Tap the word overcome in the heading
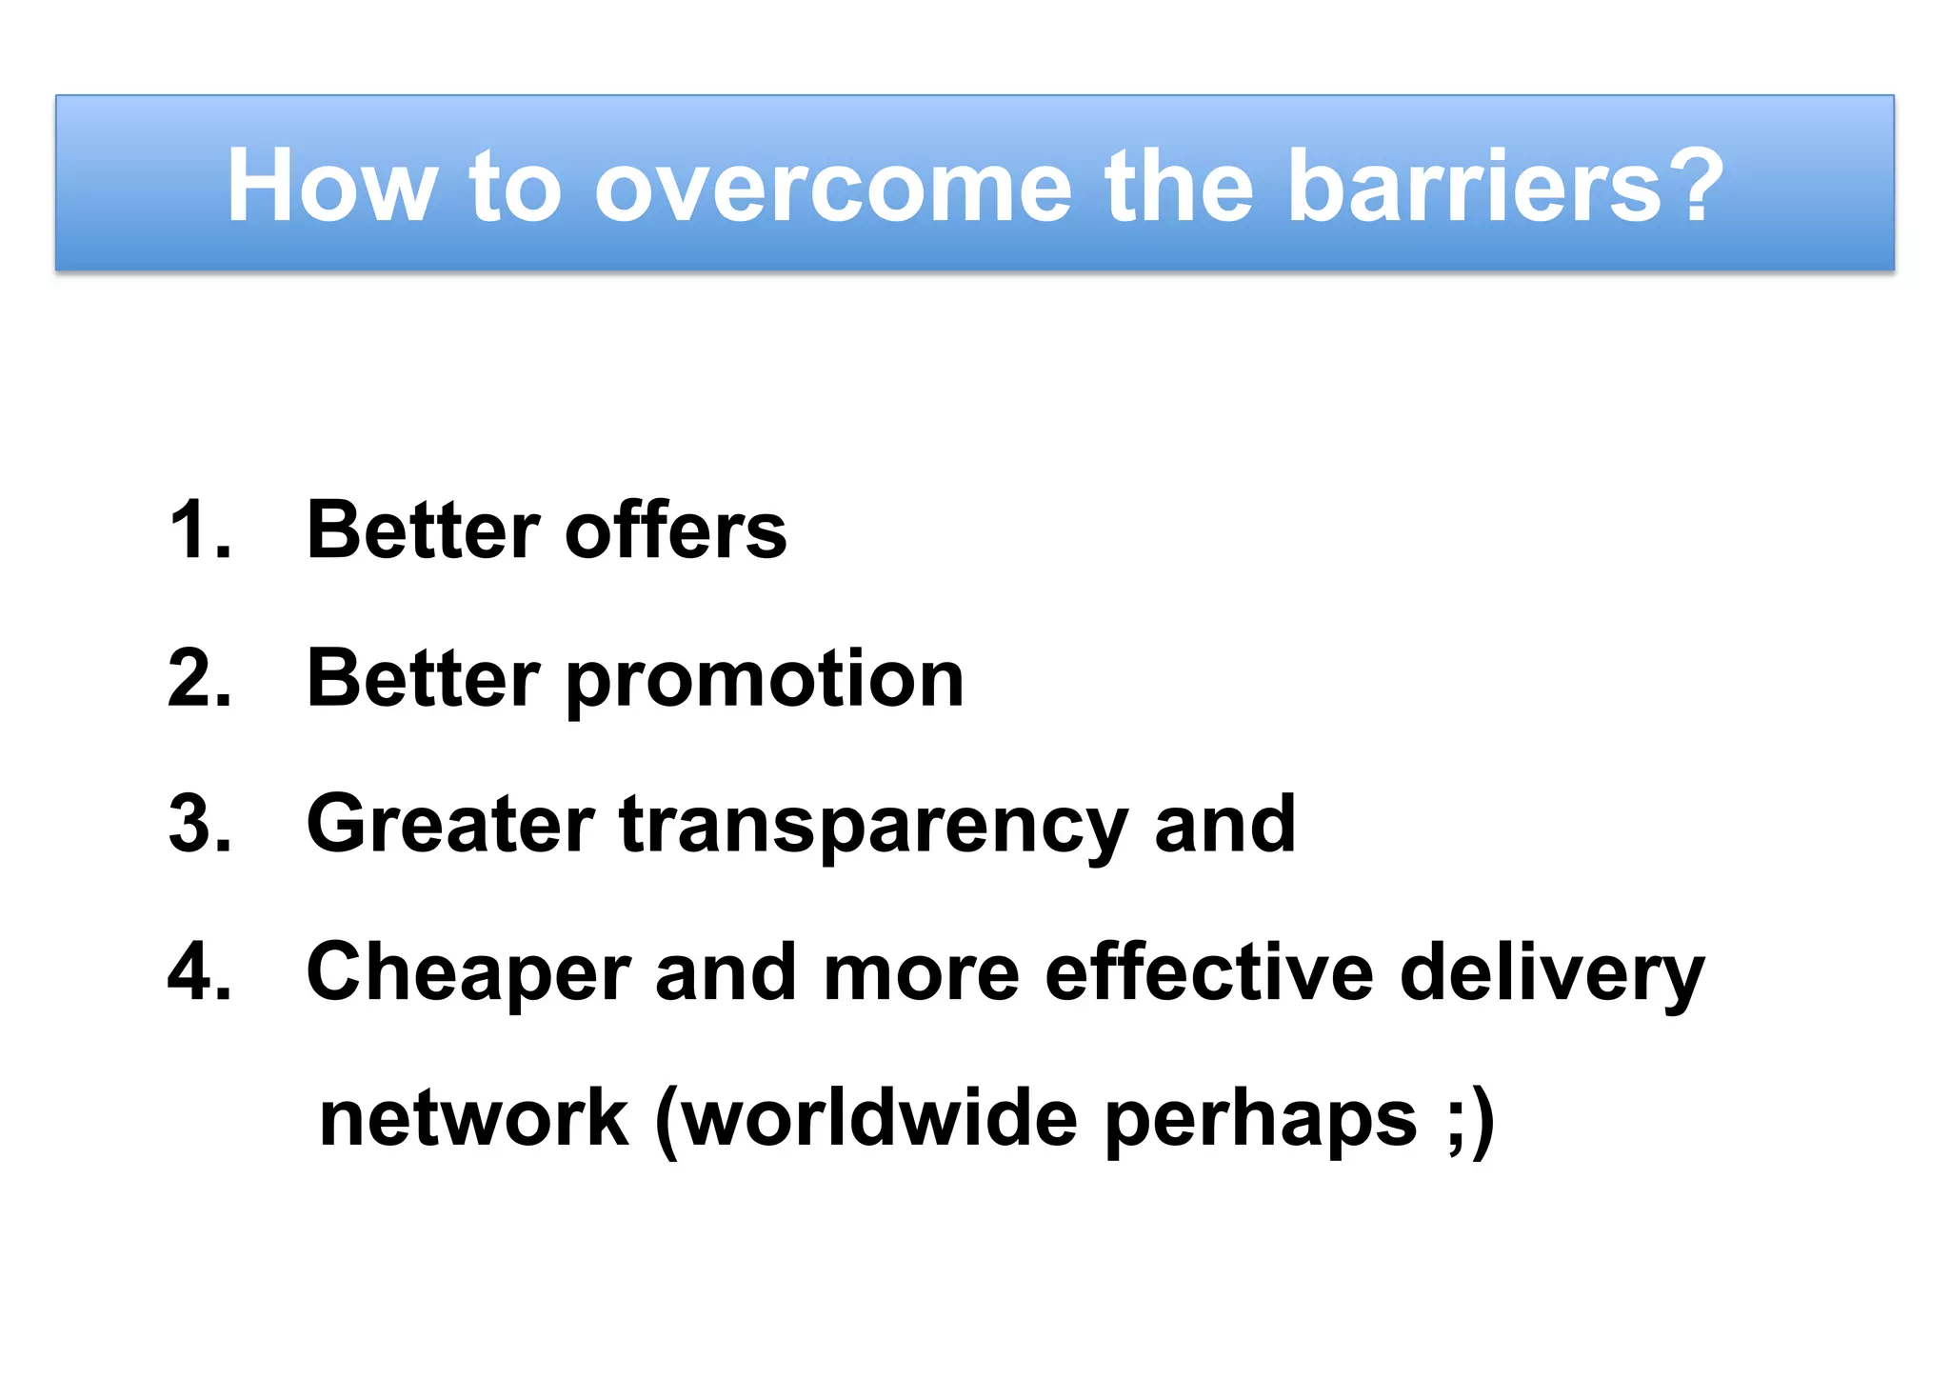[832, 187]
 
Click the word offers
[675, 530]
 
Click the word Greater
[449, 825]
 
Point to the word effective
[1209, 972]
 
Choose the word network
[473, 1118]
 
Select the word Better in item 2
[423, 678]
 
